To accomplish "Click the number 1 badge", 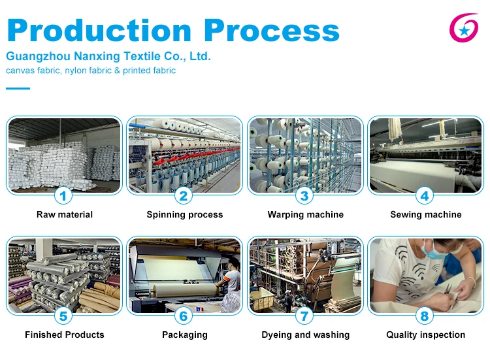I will pos(63,195).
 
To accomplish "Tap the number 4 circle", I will pos(425,195).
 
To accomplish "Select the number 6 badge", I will pos(184,316).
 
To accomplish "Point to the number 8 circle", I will pos(425,316).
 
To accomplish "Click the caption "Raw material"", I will pos(65,214).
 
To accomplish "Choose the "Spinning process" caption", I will pos(185,214).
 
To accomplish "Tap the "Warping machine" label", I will pos(305,214).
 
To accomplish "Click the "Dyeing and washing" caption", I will pos(305,335).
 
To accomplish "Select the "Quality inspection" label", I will pos(425,335).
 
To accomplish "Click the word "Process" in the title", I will pos(271,31).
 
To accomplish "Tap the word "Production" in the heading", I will pos(99,31).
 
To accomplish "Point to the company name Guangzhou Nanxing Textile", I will pos(108,56).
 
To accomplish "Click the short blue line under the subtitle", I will pos(18,88).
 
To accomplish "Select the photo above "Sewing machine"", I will pos(425,155).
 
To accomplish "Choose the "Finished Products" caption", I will pos(65,335).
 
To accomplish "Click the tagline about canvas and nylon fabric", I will pos(91,71).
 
